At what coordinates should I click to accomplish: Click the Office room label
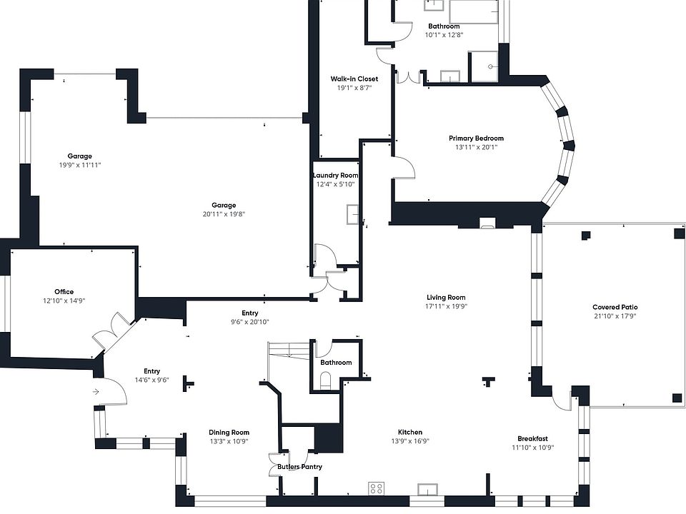click(x=64, y=292)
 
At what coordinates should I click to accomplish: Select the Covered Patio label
click(x=615, y=307)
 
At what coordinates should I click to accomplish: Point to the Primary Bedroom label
click(x=476, y=138)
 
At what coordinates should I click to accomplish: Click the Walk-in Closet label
click(x=354, y=79)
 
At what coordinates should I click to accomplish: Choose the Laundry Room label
click(x=335, y=176)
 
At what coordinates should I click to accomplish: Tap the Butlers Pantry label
click(x=299, y=467)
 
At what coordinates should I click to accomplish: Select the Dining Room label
click(x=229, y=433)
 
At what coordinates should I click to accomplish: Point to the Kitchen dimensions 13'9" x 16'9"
click(x=410, y=441)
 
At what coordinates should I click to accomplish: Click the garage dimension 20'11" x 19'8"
click(x=224, y=214)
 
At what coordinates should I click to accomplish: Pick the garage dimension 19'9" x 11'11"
click(x=80, y=166)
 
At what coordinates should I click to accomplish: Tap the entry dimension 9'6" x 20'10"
click(x=249, y=322)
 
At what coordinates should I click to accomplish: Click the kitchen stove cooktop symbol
click(x=376, y=488)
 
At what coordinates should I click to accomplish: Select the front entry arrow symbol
click(x=96, y=391)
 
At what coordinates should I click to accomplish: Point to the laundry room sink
click(x=353, y=214)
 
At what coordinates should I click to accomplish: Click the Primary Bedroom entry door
click(x=404, y=170)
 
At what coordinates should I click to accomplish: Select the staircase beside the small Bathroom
click(x=289, y=353)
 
